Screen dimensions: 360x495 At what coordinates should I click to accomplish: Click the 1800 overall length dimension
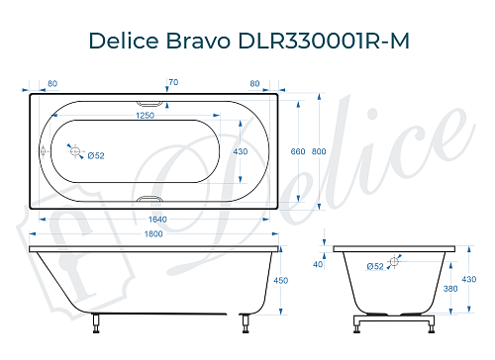click(x=150, y=233)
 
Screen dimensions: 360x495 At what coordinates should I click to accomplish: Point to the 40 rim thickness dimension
click(x=319, y=264)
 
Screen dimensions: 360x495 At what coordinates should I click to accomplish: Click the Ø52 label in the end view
click(x=375, y=267)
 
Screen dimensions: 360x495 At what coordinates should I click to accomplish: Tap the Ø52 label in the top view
click(x=97, y=156)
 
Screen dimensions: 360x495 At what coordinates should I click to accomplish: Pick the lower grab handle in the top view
click(x=150, y=200)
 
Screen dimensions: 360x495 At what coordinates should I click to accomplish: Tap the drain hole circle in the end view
click(x=394, y=261)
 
